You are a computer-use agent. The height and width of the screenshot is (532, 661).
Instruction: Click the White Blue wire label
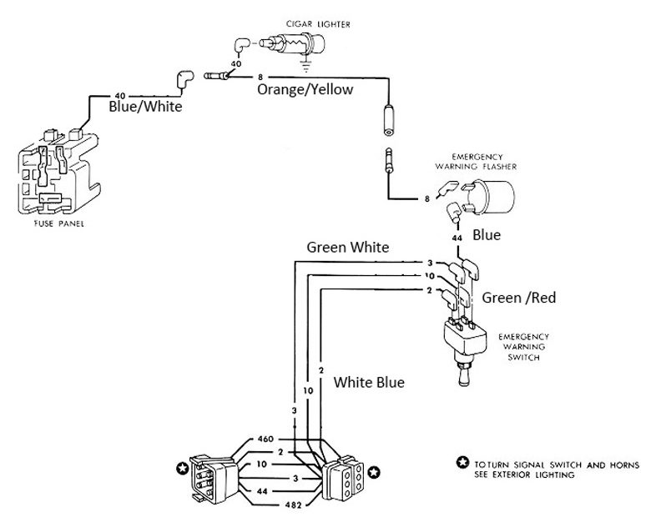click(x=370, y=383)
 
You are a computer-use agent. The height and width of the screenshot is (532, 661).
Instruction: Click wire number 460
click(x=265, y=439)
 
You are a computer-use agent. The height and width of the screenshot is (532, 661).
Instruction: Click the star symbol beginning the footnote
click(x=462, y=464)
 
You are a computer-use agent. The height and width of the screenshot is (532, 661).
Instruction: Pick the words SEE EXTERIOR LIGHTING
click(x=525, y=474)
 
